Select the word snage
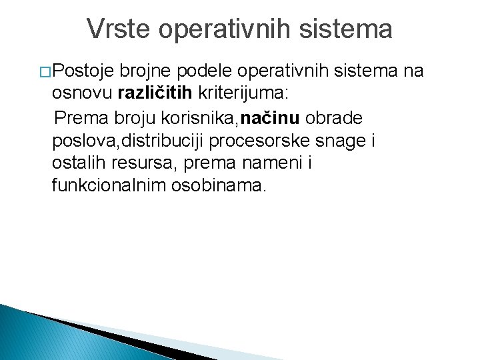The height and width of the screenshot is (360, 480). tap(347, 141)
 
